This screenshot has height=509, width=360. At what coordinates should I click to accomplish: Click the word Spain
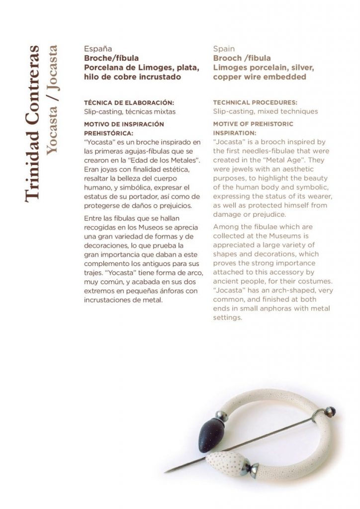point(224,49)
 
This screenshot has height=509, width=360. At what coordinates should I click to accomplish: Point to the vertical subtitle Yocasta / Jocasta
point(51,101)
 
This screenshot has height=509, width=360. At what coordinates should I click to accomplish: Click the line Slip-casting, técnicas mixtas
point(129,112)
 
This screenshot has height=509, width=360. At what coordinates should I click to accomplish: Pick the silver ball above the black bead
point(219,416)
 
